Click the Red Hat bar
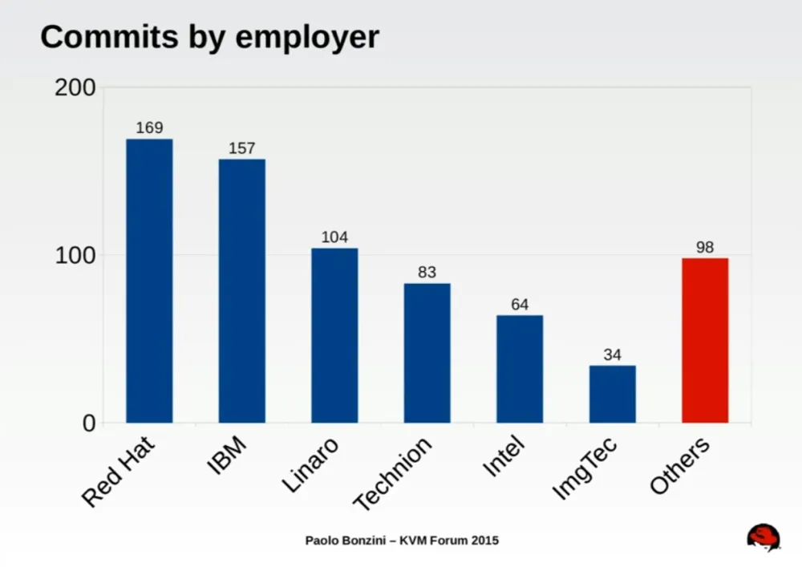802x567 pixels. click(149, 281)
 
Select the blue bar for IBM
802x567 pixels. click(241, 290)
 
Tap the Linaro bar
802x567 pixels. click(334, 335)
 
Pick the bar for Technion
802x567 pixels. click(427, 353)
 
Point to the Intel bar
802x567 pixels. click(520, 369)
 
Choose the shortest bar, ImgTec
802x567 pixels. click(612, 394)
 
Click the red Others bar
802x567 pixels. click(705, 340)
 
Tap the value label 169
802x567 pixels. click(149, 128)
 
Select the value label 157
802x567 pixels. click(241, 148)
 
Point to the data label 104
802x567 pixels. click(334, 237)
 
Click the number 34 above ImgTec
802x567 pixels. click(612, 354)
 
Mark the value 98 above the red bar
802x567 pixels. click(705, 247)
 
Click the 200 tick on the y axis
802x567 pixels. click(75, 87)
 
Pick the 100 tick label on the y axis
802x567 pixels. click(75, 255)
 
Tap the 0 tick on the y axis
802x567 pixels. click(89, 423)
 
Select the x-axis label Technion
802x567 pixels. click(393, 474)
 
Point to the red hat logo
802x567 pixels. click(763, 537)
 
